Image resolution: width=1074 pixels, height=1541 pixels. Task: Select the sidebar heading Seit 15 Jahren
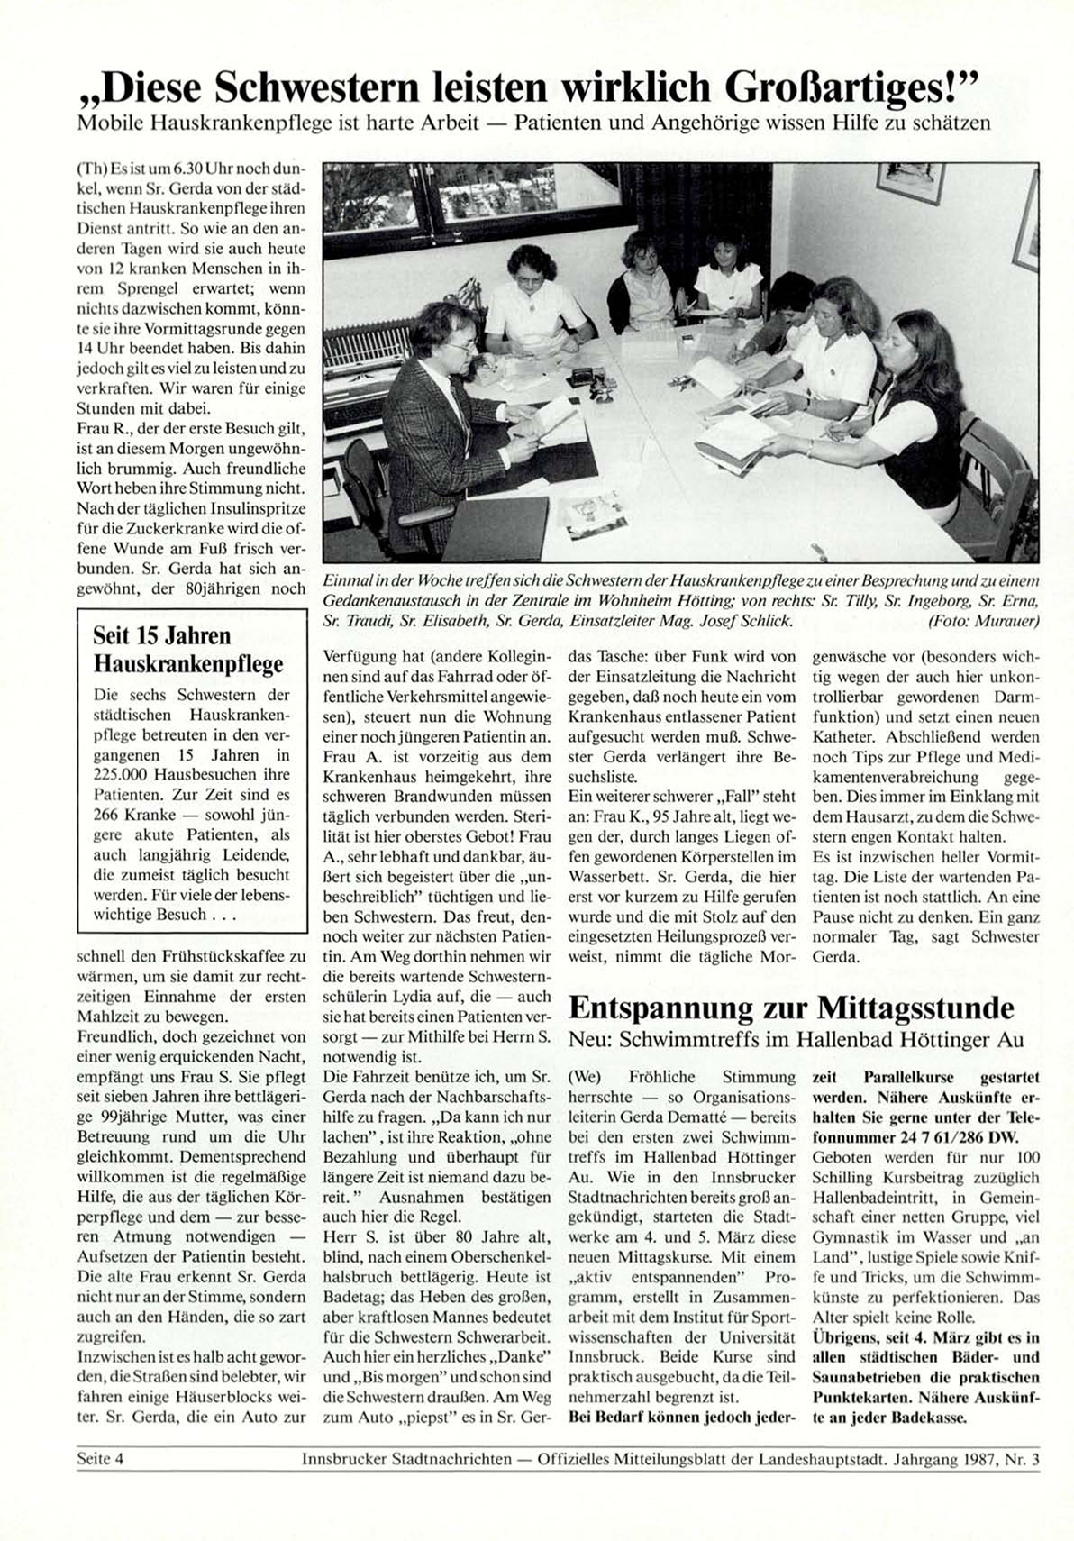point(162,635)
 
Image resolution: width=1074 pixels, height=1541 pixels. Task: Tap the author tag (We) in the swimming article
point(585,1077)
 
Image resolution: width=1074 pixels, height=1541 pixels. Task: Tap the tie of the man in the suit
point(461,411)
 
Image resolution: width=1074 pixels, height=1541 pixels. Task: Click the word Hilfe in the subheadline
point(845,123)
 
